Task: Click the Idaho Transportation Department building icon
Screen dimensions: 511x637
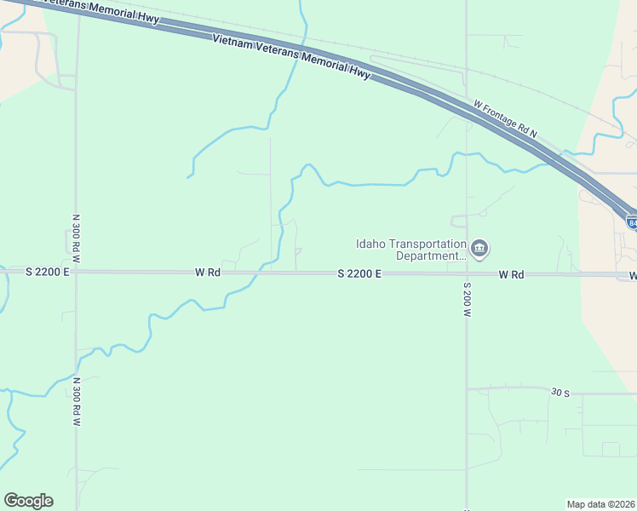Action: pos(479,249)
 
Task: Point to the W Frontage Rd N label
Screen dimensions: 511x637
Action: pos(505,119)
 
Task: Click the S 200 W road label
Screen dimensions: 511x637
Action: pos(467,299)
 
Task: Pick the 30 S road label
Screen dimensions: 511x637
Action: pos(560,393)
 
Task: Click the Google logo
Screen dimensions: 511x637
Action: pos(28,501)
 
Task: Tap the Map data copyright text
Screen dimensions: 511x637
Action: pos(600,504)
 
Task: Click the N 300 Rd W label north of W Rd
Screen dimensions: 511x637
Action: pos(76,238)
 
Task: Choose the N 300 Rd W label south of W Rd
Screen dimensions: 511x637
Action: pos(76,401)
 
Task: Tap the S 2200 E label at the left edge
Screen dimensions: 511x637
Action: pos(47,272)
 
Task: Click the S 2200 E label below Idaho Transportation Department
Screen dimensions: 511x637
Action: pos(359,273)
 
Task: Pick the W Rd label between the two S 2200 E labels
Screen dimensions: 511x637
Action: pos(208,273)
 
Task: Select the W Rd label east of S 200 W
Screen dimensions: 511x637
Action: pos(511,274)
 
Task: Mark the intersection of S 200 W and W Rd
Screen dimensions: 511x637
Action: pos(466,273)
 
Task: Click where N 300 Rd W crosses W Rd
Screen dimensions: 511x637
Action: pos(77,272)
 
